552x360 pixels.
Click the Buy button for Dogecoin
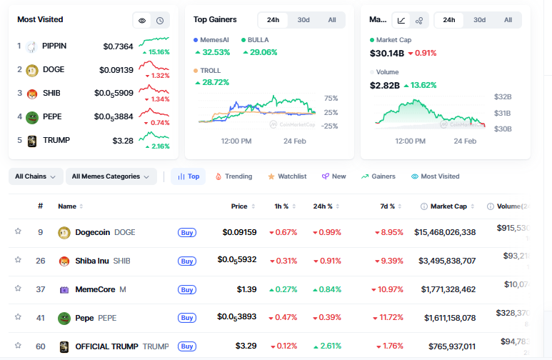(x=187, y=232)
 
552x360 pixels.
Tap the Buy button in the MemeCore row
(x=187, y=289)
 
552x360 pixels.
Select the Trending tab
(x=234, y=176)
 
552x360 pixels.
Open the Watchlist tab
(x=287, y=176)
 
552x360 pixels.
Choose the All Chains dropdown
(x=35, y=176)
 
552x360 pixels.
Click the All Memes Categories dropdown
(x=111, y=176)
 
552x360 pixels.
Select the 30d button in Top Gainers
(x=303, y=20)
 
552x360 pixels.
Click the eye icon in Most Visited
(x=142, y=21)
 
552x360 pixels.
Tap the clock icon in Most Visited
(x=160, y=21)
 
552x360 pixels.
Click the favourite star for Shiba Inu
(x=18, y=260)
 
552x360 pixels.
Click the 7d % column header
(x=388, y=206)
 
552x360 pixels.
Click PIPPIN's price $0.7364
(x=118, y=46)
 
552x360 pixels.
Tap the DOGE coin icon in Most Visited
(x=31, y=70)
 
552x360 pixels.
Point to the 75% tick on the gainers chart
(x=331, y=99)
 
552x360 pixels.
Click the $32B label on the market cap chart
(x=503, y=96)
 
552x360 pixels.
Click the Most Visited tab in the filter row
(x=436, y=176)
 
